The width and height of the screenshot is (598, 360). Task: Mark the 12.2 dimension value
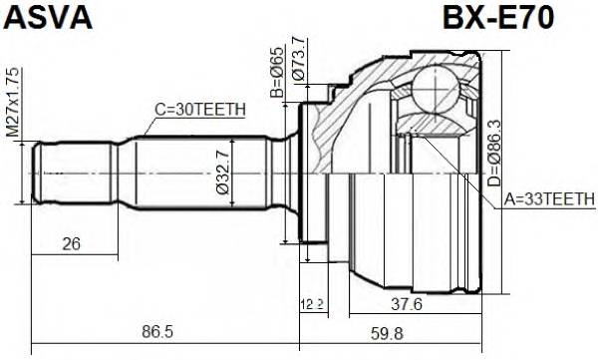(313, 303)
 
